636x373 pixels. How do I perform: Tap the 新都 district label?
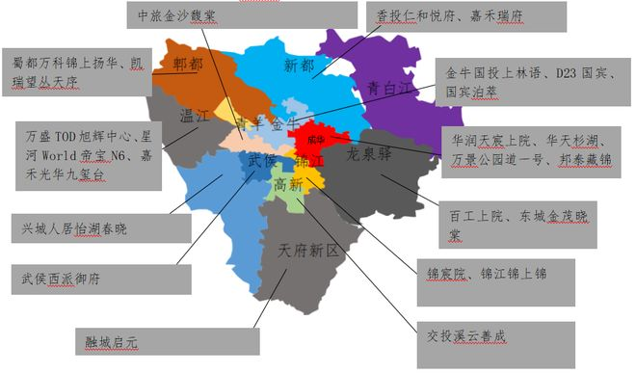pos(300,66)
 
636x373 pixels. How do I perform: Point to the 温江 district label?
pos(197,116)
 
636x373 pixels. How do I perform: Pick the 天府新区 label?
pos(309,251)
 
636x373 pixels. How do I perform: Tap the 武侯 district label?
pos(261,160)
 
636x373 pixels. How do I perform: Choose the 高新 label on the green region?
pos(288,183)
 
